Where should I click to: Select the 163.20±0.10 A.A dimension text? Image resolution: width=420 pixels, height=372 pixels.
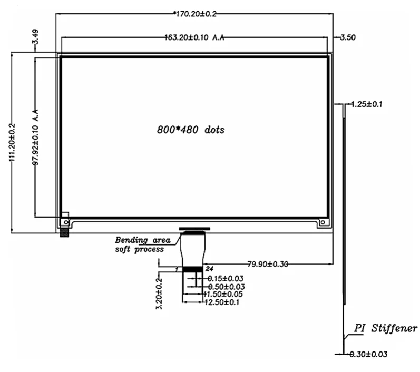click(195, 38)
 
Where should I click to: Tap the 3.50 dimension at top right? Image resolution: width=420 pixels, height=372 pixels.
click(349, 37)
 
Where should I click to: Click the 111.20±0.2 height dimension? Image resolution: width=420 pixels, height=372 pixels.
click(12, 142)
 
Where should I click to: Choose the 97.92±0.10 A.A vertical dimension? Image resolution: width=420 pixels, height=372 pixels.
click(36, 138)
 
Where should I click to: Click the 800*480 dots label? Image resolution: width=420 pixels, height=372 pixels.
click(190, 130)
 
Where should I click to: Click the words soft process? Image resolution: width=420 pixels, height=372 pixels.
click(140, 249)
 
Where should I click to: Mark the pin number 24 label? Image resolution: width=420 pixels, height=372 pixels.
click(207, 269)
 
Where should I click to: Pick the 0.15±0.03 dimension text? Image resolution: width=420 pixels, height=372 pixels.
click(225, 278)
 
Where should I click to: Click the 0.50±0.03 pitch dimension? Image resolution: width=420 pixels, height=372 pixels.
click(225, 287)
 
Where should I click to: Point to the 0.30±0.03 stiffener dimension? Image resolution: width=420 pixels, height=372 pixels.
click(369, 354)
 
